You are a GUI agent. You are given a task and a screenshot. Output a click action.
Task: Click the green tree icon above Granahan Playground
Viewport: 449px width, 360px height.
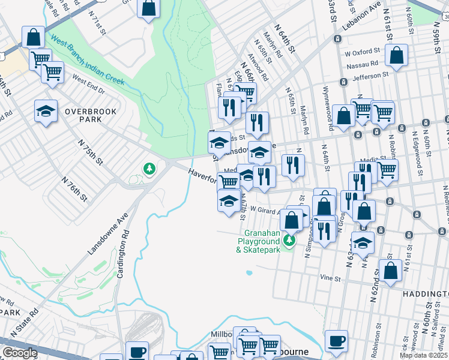click(289, 240)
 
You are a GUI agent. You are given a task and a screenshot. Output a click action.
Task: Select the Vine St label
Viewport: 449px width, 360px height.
click(331, 278)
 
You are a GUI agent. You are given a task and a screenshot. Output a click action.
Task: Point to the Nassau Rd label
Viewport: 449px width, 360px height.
click(365, 62)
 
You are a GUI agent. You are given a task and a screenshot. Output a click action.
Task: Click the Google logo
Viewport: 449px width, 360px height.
click(19, 353)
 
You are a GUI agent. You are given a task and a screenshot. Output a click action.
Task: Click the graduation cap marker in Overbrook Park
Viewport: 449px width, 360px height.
click(46, 112)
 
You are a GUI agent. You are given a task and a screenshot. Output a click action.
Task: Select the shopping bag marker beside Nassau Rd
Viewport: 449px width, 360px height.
click(397, 56)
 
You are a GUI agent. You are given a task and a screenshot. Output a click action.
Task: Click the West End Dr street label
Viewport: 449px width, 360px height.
click(88, 85)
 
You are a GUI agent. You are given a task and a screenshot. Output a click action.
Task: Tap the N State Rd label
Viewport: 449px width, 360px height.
click(26, 325)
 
